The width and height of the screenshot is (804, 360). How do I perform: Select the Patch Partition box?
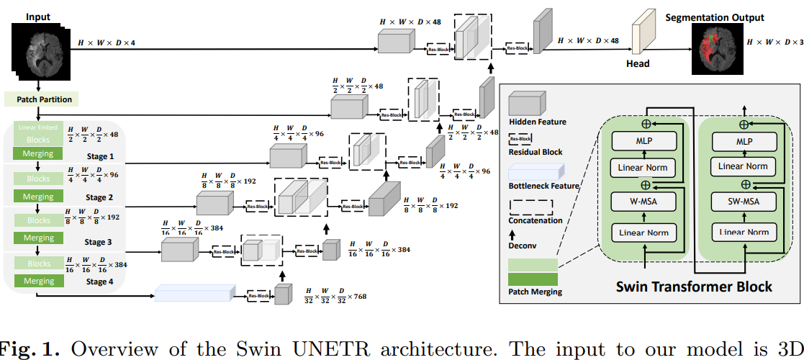click(39, 99)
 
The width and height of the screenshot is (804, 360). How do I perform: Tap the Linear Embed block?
click(38, 127)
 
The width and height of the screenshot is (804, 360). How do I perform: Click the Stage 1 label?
click(100, 156)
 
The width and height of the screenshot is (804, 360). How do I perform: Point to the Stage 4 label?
click(100, 282)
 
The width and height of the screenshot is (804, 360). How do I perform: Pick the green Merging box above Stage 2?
click(39, 196)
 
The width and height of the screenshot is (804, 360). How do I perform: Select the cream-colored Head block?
click(638, 37)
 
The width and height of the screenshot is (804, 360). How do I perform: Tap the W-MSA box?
click(644, 199)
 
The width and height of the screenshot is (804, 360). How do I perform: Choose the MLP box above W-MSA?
click(644, 141)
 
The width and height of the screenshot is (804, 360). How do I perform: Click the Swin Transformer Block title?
click(693, 286)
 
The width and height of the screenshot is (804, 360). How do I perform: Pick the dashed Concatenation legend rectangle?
click(530, 207)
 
